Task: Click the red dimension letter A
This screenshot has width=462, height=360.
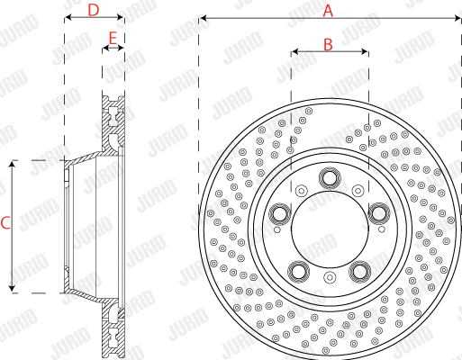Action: pos(329,10)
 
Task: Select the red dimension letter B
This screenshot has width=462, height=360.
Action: pos(329,42)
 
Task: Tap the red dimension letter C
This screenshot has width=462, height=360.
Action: pos(5,223)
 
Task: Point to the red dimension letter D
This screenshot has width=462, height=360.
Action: pos(94,10)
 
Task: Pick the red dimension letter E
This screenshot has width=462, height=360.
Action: pos(113,38)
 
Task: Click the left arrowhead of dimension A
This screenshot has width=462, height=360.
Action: pos(203,18)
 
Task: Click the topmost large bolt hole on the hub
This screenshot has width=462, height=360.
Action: pos(330,178)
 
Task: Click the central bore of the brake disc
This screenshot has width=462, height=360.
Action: pos(330,230)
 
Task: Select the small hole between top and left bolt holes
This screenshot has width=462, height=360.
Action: pos(301,190)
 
